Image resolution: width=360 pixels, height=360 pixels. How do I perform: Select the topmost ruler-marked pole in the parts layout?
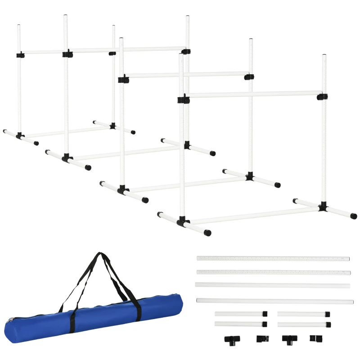(x=273, y=259)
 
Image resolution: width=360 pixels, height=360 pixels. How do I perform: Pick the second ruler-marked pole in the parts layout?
(x=273, y=273)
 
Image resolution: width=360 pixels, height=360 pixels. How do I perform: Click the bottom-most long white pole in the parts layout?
(x=274, y=301)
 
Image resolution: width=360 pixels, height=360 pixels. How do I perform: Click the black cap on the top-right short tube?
(x=328, y=314)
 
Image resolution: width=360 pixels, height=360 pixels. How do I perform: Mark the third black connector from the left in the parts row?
(x=288, y=338)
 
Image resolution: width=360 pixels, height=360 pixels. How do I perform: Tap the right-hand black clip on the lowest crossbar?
(x=321, y=97)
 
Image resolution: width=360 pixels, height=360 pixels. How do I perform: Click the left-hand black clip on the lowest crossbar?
(x=181, y=99)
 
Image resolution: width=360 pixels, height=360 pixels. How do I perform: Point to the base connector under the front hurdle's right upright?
(x=323, y=207)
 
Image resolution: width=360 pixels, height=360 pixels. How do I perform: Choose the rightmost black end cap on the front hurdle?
(x=354, y=216)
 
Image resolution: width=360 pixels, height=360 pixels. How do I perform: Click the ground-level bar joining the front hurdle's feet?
(x=254, y=215)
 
